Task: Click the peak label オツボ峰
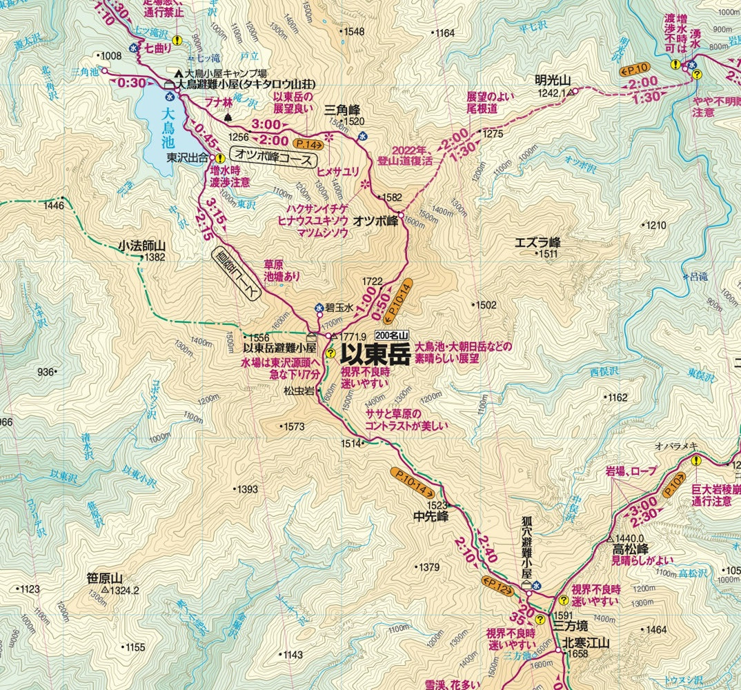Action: (x=375, y=221)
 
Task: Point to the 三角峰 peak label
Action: (x=344, y=108)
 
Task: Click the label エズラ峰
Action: (x=538, y=242)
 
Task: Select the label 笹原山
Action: (x=105, y=578)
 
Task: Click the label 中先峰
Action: (x=431, y=515)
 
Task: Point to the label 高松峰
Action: (x=630, y=550)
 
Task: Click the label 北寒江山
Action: (x=586, y=642)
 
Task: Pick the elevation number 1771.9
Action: (x=356, y=337)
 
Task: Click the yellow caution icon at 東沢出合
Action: (x=219, y=158)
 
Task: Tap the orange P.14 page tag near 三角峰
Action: (x=308, y=144)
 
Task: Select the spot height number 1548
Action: (x=354, y=32)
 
